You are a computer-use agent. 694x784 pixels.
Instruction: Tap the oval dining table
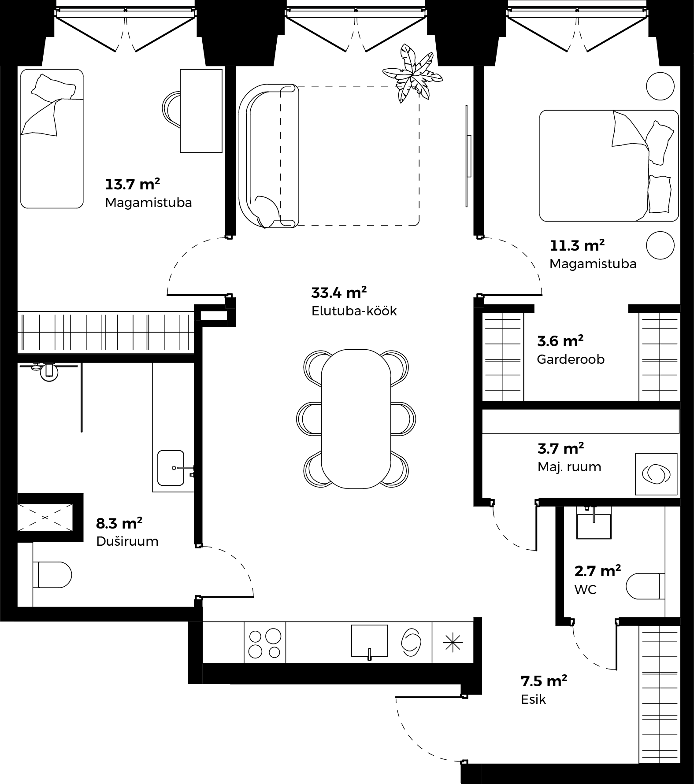click(x=356, y=418)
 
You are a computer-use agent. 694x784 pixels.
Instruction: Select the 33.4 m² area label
click(x=339, y=293)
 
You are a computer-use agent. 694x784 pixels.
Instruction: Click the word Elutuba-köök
click(x=354, y=311)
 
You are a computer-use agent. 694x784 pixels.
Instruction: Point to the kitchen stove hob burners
click(x=265, y=643)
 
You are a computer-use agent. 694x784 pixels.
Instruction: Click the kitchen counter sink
click(x=369, y=641)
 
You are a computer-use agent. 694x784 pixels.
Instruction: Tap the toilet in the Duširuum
click(x=52, y=574)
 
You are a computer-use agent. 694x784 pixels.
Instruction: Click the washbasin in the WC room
click(x=594, y=522)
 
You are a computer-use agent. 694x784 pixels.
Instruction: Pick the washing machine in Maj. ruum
click(x=656, y=473)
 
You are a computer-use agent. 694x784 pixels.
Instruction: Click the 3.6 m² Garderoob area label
click(x=560, y=341)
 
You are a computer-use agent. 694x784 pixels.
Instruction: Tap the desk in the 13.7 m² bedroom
click(x=201, y=111)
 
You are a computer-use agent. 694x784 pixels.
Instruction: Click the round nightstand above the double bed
click(x=660, y=86)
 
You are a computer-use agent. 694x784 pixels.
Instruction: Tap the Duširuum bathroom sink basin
click(x=171, y=468)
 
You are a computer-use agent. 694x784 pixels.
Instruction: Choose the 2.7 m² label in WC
click(x=598, y=571)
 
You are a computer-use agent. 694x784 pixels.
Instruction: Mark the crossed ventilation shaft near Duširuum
click(x=44, y=518)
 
